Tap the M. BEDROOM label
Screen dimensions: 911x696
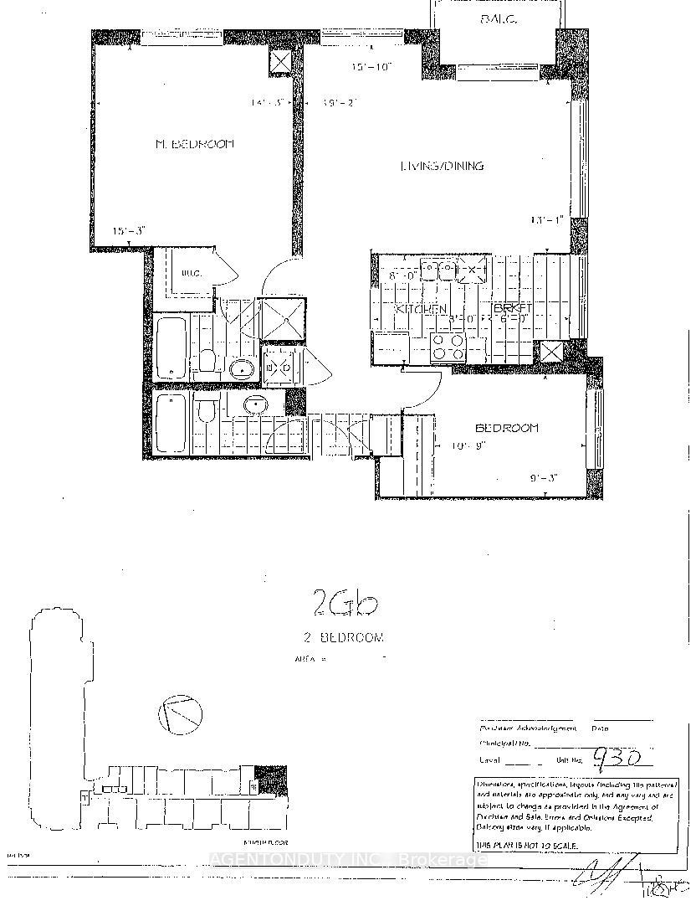(x=195, y=144)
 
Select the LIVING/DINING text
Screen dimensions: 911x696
(x=442, y=166)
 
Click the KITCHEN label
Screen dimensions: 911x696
(x=421, y=309)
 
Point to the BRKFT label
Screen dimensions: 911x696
(x=507, y=308)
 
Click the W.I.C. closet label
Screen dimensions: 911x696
(x=192, y=272)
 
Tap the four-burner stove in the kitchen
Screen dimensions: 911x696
(x=448, y=345)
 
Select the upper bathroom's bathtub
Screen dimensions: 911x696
(x=171, y=347)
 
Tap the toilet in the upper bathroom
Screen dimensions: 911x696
(x=207, y=360)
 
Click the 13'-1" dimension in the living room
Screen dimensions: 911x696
(x=547, y=220)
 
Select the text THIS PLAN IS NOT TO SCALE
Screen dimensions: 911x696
(x=526, y=847)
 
